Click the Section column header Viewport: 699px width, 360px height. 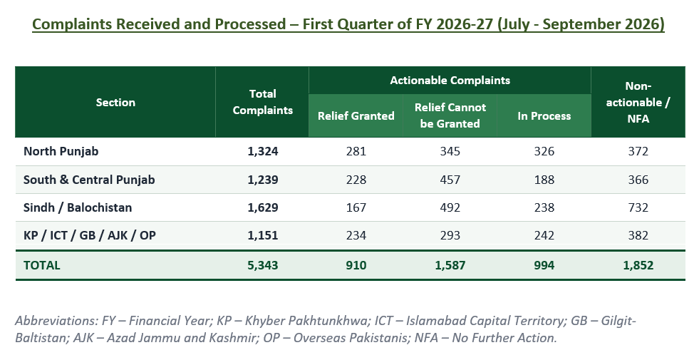click(115, 102)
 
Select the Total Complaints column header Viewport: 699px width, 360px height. click(263, 102)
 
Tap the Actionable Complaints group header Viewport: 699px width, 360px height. click(450, 81)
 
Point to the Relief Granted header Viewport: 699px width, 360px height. click(356, 116)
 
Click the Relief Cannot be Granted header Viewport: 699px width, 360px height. click(450, 115)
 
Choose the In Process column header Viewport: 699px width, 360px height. click(544, 116)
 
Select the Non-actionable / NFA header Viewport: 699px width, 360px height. click(638, 102)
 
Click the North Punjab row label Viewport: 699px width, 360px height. click(61, 151)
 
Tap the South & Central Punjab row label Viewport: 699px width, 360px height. click(89, 180)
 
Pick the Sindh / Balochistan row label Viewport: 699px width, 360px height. click(78, 207)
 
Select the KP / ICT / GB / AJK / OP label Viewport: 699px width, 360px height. click(90, 235)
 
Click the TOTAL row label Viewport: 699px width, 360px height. click(41, 265)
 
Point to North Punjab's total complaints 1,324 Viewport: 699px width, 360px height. click(263, 152)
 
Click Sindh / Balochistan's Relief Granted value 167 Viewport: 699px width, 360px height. click(356, 208)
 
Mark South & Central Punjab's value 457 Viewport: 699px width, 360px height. click(450, 180)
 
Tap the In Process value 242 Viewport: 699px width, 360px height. click(544, 235)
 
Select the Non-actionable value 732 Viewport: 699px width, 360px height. click(638, 208)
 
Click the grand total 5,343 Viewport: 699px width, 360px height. click(263, 265)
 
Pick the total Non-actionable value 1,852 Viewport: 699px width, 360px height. click(638, 265)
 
